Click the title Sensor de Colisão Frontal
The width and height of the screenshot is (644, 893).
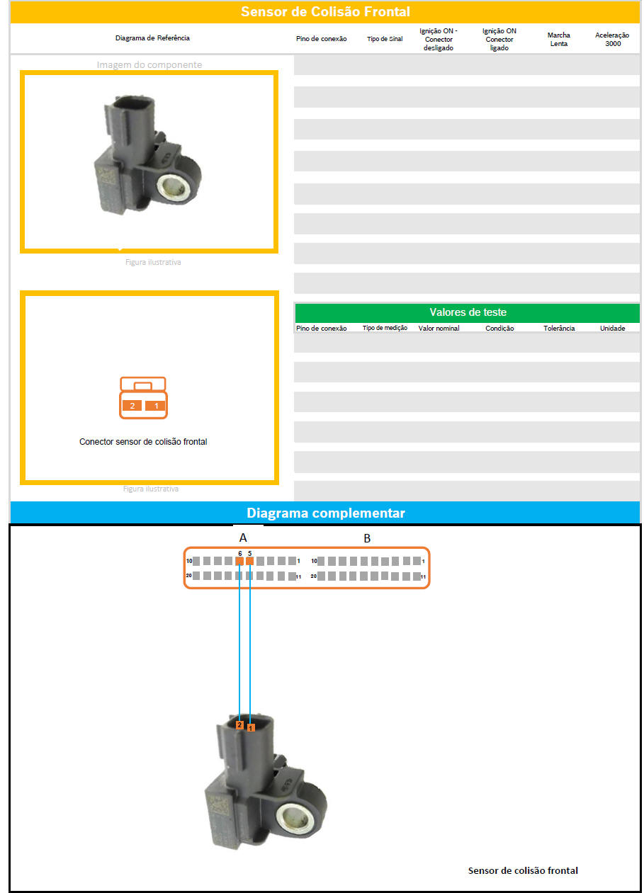click(x=325, y=11)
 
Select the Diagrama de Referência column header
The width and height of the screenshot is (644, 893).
click(x=152, y=38)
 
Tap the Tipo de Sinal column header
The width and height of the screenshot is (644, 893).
click(x=385, y=39)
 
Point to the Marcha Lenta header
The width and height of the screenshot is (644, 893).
click(x=559, y=39)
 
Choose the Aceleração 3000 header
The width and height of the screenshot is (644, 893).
click(x=613, y=39)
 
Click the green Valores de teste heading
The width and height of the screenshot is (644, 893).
click(x=468, y=312)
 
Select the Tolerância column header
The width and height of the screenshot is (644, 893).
click(x=559, y=328)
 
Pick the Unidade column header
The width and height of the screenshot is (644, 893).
click(x=613, y=328)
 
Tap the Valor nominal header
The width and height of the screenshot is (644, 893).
click(x=439, y=328)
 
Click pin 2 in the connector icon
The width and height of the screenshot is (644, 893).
click(x=132, y=406)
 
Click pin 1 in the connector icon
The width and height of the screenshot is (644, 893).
click(x=155, y=406)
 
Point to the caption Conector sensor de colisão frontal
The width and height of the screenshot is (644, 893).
click(x=143, y=442)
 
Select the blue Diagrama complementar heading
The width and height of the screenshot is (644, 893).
click(x=326, y=513)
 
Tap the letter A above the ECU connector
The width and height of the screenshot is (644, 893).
click(x=243, y=537)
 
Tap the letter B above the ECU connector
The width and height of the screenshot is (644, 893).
click(x=367, y=539)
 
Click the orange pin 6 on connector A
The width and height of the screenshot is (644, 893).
click(x=239, y=561)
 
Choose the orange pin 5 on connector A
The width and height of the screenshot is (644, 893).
click(x=249, y=561)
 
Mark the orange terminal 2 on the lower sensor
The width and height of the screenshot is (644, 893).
click(x=239, y=724)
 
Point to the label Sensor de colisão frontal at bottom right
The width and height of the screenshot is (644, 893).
click(x=523, y=870)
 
